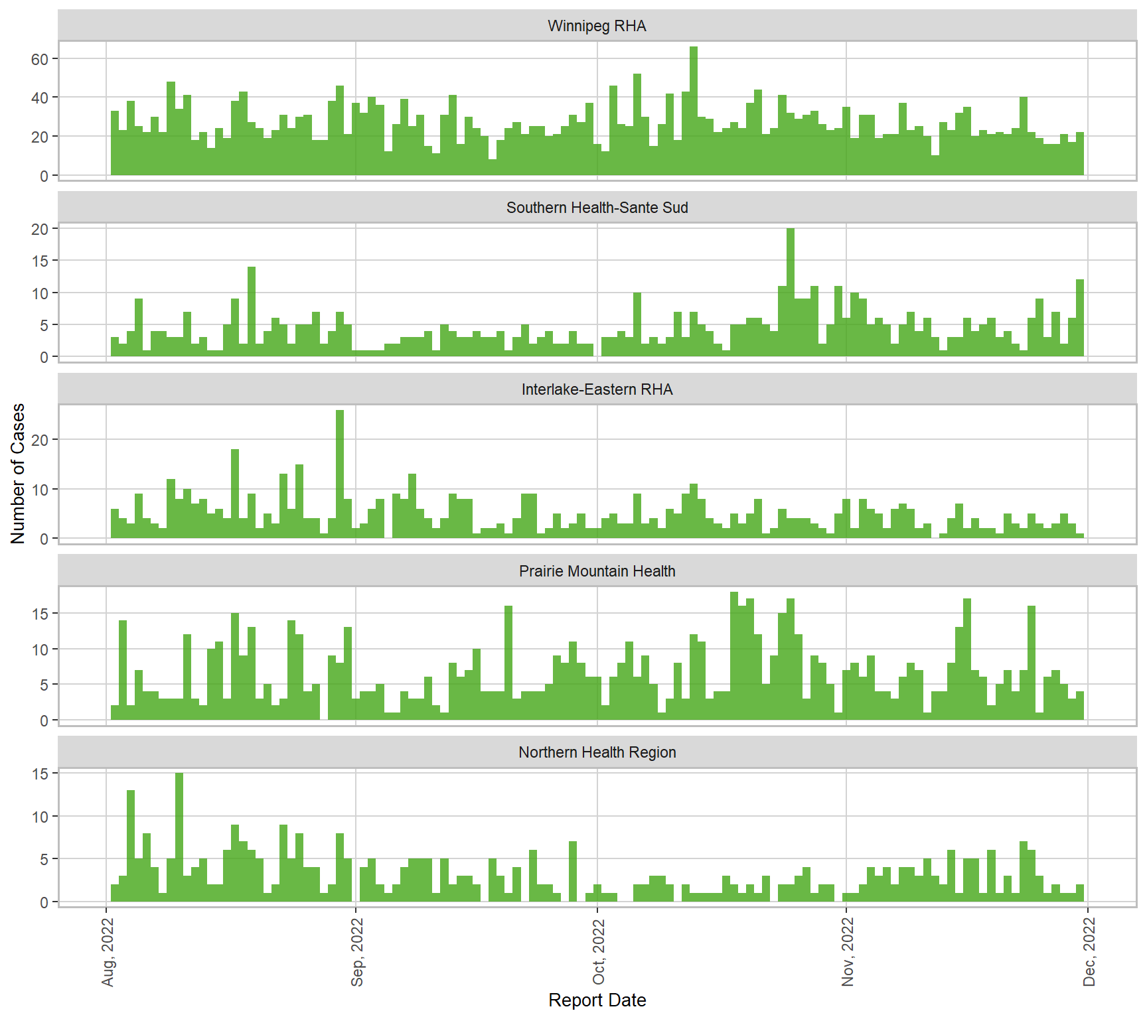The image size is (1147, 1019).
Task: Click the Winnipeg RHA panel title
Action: (x=597, y=26)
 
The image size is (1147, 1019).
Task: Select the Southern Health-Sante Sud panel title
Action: (x=597, y=208)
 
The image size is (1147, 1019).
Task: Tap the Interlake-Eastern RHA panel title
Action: (x=597, y=389)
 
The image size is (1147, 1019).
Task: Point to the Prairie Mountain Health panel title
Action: (x=597, y=571)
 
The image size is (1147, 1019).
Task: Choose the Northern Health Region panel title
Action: (x=597, y=752)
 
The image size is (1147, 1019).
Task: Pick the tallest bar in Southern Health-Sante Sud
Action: (x=791, y=293)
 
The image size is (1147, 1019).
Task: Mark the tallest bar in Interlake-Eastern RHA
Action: (x=340, y=474)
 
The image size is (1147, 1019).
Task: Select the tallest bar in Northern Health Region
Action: (x=179, y=837)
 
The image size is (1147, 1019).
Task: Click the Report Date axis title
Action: (x=597, y=1000)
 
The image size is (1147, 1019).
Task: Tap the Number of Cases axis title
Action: (x=18, y=473)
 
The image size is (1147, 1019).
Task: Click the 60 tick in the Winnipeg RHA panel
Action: (x=40, y=59)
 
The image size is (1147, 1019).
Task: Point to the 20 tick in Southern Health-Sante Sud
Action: (x=40, y=229)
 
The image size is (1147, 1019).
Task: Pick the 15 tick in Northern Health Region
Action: (x=40, y=774)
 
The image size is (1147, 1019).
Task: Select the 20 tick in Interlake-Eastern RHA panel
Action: (x=40, y=439)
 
